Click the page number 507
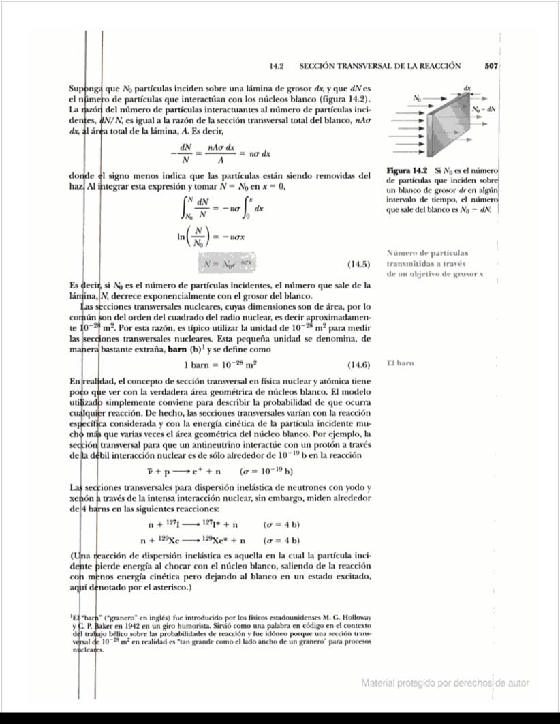coord(492,66)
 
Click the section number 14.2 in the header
coord(276,66)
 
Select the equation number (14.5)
coord(358,264)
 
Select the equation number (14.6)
coord(358,364)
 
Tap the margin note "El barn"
coord(400,363)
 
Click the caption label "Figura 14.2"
coord(406,169)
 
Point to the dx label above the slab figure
coord(467,89)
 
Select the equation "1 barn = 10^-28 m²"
coord(224,364)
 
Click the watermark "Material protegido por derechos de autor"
coord(445,683)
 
